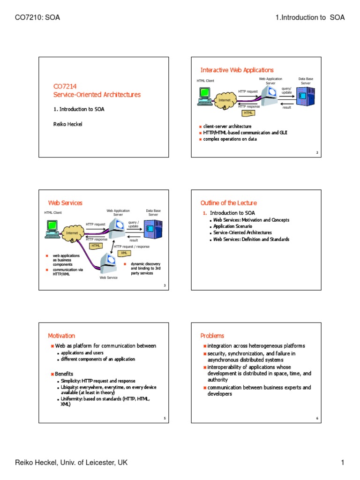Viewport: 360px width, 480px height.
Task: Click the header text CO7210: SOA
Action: click(38, 18)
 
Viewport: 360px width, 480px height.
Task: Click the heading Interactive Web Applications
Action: click(237, 70)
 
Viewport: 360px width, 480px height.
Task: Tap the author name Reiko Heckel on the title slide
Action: click(67, 124)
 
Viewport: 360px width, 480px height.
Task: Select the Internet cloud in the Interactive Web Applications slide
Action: click(222, 100)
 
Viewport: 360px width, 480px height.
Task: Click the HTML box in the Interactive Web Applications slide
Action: click(248, 113)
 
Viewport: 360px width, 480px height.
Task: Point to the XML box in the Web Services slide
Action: click(124, 253)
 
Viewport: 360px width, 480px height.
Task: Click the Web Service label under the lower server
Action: click(109, 277)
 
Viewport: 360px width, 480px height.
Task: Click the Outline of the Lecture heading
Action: click(228, 203)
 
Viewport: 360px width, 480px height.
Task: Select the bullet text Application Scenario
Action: click(232, 226)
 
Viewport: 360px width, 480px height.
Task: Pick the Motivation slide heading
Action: click(61, 336)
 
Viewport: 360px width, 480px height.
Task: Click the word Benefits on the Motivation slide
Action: click(64, 374)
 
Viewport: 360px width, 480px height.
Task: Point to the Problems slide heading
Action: click(212, 336)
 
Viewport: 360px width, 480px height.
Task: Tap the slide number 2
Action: click(317, 153)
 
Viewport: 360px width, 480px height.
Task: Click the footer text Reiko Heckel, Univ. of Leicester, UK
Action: click(72, 463)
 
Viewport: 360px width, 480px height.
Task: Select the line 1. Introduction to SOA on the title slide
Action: click(78, 109)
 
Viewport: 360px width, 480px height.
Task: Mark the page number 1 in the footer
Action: click(343, 463)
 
